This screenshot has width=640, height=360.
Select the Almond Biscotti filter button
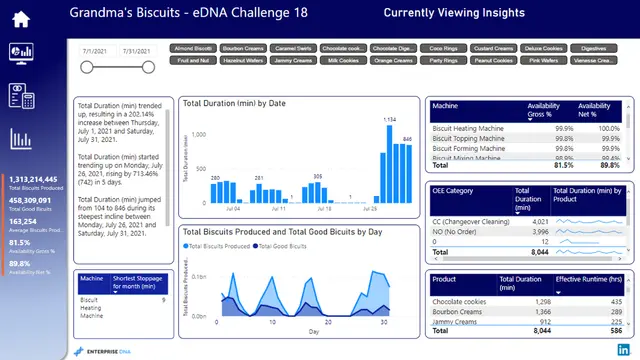[x=193, y=47]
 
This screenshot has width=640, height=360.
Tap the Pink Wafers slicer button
[x=543, y=60]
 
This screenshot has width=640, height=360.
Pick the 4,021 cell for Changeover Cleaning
[x=538, y=221]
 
